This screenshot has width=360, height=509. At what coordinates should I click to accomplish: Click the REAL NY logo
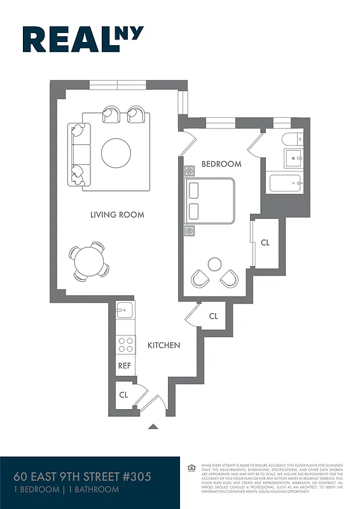click(83, 39)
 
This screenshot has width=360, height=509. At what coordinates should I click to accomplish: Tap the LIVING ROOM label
click(117, 215)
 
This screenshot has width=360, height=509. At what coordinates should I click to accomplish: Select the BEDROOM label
click(221, 164)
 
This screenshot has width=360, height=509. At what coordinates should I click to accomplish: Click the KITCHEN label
click(164, 345)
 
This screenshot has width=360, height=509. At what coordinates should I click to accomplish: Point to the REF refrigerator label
click(125, 366)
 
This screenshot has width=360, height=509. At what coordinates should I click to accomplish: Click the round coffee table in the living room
click(116, 153)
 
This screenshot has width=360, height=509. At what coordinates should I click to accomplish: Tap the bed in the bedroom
click(211, 200)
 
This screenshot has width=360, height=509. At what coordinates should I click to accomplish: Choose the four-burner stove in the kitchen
click(125, 345)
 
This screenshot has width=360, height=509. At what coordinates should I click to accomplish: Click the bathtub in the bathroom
click(288, 184)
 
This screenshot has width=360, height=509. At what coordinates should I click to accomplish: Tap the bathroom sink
click(295, 157)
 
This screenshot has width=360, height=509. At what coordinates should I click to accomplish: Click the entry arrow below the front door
click(153, 427)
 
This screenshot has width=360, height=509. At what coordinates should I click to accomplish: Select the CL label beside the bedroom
click(265, 242)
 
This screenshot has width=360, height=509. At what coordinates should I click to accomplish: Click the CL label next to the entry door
click(123, 394)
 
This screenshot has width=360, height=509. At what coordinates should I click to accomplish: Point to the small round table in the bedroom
click(215, 263)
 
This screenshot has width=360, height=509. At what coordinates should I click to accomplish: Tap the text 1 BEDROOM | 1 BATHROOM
click(66, 490)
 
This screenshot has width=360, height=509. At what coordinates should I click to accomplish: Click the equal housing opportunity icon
click(191, 468)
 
